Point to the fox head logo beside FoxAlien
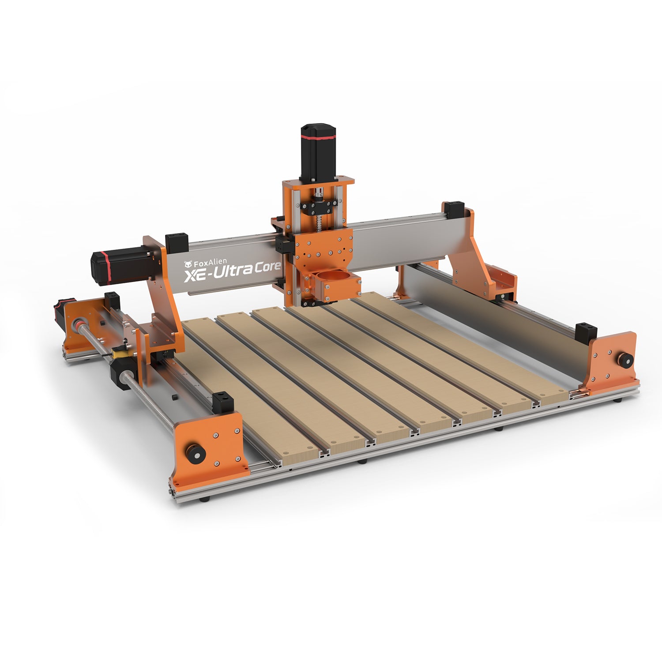tap(188, 264)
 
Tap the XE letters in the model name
tap(194, 276)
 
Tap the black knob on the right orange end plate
tap(625, 360)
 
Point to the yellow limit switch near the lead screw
tap(119, 353)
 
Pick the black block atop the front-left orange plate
tap(223, 402)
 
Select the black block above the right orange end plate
tap(586, 333)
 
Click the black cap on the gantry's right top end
tap(454, 210)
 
